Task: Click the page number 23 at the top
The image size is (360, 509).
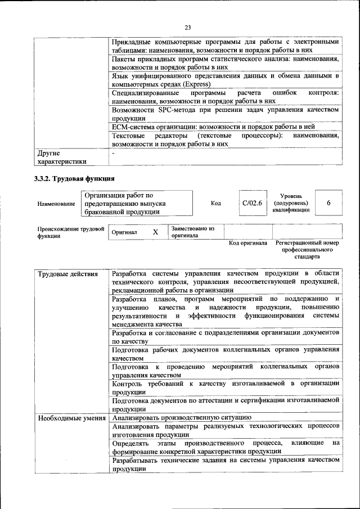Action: click(188, 26)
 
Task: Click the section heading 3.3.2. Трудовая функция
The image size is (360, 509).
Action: click(75, 179)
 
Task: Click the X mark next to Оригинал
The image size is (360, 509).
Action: click(156, 232)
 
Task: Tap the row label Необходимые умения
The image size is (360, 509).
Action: click(71, 418)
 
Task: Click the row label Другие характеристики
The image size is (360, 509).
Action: click(62, 157)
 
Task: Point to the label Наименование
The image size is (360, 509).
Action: click(56, 204)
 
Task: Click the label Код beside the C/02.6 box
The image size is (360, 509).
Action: click(215, 203)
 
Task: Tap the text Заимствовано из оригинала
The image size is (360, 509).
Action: click(193, 232)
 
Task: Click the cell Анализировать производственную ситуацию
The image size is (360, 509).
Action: click(181, 418)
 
